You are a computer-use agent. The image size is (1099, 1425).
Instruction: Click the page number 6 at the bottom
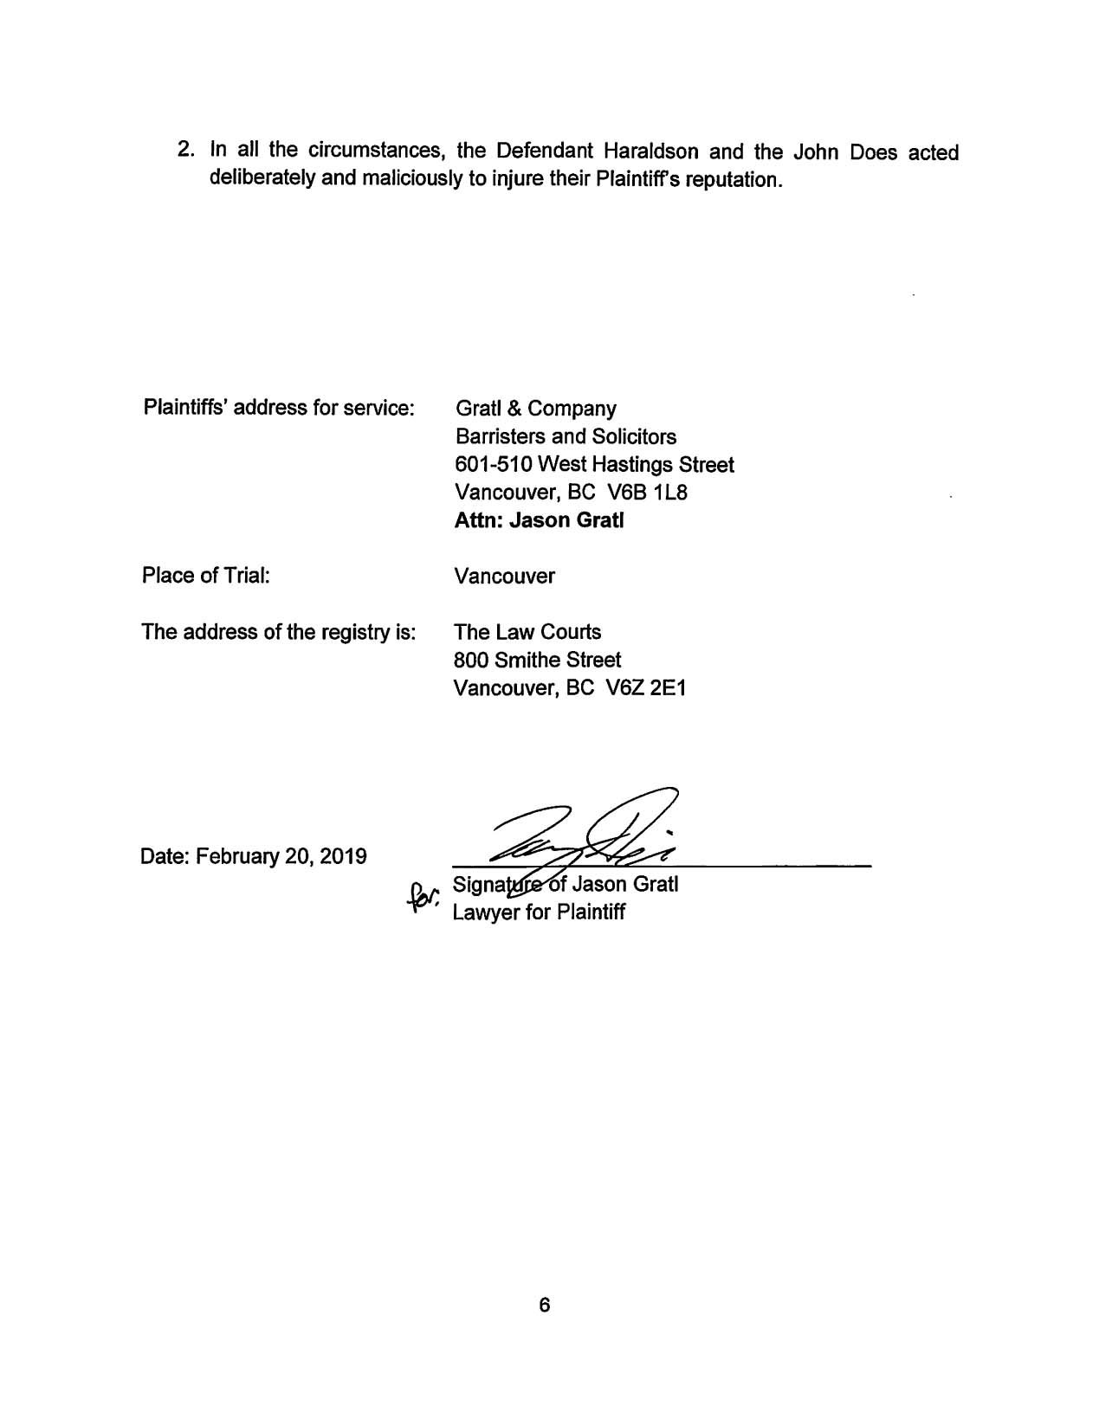544,1305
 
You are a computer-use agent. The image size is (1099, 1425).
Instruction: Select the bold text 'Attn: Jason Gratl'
539,520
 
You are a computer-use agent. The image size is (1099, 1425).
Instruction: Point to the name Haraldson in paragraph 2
652,152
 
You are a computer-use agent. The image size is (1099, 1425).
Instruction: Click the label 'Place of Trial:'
206,576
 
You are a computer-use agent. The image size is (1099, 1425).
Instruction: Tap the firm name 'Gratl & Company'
535,409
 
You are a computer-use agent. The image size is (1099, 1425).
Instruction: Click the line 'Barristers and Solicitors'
565,436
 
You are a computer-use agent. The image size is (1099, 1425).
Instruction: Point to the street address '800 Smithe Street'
537,661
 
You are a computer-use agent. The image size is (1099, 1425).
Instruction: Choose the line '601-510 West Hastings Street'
593,465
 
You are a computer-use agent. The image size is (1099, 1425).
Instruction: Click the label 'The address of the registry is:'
279,632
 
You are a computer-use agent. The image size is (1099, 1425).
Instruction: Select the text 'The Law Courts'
527,632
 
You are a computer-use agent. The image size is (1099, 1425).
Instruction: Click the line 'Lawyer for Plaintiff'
538,912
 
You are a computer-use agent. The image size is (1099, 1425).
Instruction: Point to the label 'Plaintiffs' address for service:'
279,407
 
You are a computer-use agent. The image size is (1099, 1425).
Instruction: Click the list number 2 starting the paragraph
184,151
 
